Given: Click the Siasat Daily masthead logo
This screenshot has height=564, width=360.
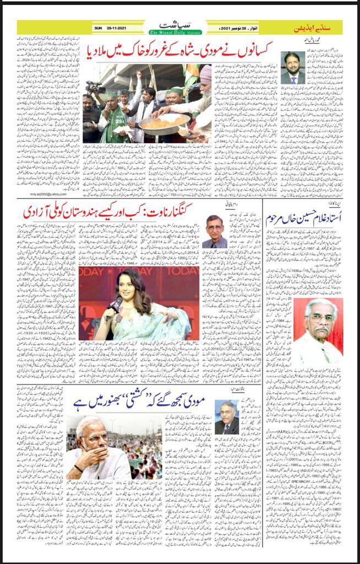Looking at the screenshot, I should pyautogui.click(x=174, y=28).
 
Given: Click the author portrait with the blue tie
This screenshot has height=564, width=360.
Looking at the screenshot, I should pyautogui.click(x=292, y=68).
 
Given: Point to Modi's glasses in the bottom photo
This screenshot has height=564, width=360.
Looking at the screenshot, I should pyautogui.click(x=95, y=437).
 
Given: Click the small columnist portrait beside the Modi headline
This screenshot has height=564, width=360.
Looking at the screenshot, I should pyautogui.click(x=226, y=417).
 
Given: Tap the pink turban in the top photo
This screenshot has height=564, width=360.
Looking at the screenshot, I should pyautogui.click(x=204, y=73).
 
